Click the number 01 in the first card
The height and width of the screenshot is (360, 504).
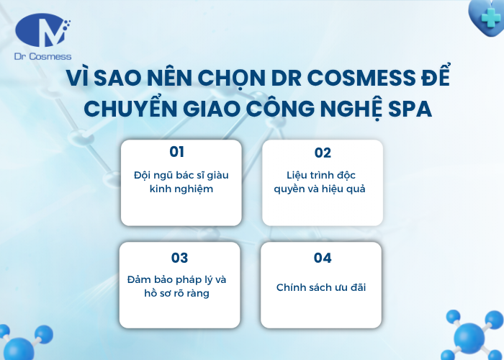[177, 151]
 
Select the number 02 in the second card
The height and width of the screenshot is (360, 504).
[323, 153]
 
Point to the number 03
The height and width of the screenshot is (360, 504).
[179, 258]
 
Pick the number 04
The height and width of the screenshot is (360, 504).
[323, 258]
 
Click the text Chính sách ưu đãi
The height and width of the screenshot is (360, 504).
[321, 287]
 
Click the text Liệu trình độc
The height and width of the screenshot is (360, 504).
[321, 176]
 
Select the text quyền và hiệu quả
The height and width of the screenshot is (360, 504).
[321, 189]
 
